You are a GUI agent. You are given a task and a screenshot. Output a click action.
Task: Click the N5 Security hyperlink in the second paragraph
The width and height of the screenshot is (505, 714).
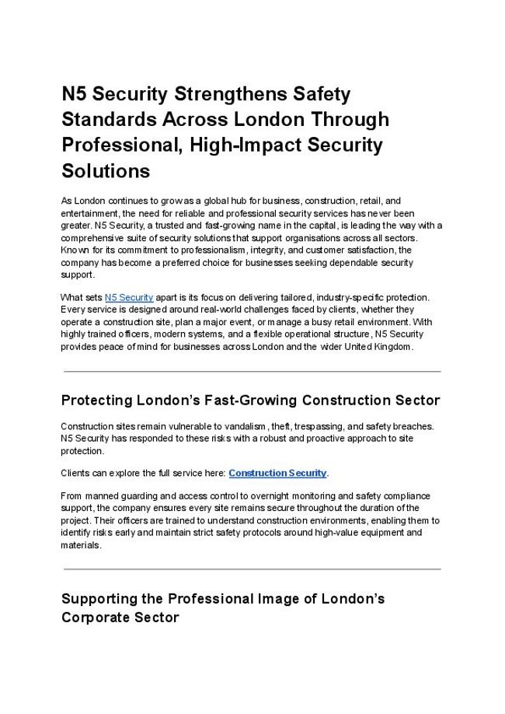(x=129, y=297)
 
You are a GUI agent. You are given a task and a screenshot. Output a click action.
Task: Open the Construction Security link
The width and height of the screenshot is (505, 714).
(x=277, y=473)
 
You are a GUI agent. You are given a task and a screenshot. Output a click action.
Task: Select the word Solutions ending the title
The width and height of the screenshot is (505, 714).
(x=105, y=170)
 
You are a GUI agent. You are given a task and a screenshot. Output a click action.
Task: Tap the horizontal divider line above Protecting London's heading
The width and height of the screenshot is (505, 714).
(x=252, y=371)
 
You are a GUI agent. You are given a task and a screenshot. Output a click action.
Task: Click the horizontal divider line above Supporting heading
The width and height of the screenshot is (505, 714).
(x=252, y=569)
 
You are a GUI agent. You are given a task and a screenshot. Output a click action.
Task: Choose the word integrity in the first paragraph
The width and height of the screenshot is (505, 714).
(x=270, y=250)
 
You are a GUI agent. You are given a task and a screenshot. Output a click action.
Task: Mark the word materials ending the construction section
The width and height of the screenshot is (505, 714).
(x=79, y=546)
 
